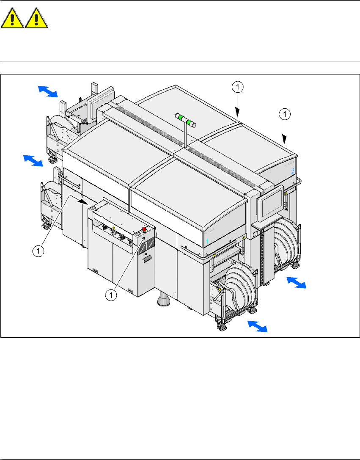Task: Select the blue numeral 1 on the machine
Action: (207, 242)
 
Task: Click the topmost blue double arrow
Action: (48, 91)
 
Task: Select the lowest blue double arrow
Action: (257, 326)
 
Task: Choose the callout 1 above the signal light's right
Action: (238, 87)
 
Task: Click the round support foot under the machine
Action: (163, 301)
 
